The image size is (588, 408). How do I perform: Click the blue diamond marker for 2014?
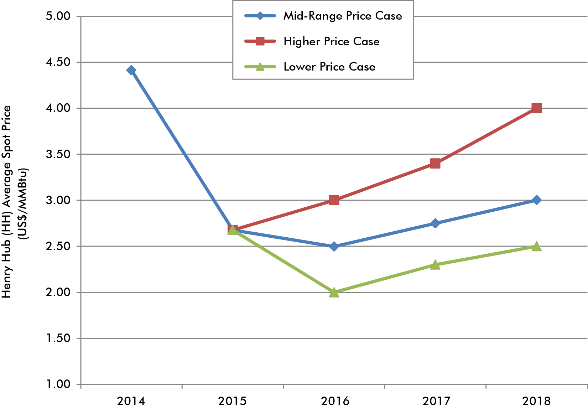point(131,70)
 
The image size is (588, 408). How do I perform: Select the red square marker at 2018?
point(536,108)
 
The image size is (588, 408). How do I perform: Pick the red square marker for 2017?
point(435,164)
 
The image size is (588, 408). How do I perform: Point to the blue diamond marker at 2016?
point(334,246)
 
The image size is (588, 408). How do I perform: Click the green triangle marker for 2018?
point(536,247)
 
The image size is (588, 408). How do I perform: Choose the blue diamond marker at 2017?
point(435,223)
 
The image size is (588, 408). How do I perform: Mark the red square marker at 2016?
point(334,200)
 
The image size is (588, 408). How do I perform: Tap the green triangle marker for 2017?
point(435,265)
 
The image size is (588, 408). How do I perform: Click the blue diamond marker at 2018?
point(536,200)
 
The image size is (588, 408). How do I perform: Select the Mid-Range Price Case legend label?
point(343,16)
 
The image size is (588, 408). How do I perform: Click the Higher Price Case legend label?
point(331,41)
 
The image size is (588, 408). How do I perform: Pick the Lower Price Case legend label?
point(329,67)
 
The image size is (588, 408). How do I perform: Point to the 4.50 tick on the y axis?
point(58,62)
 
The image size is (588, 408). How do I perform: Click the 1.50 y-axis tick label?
point(58,338)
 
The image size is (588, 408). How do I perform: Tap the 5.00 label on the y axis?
point(58,16)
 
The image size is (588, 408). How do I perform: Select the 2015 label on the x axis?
point(232,401)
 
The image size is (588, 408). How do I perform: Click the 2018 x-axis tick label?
point(536,401)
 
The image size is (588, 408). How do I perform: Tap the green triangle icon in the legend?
point(260,67)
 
